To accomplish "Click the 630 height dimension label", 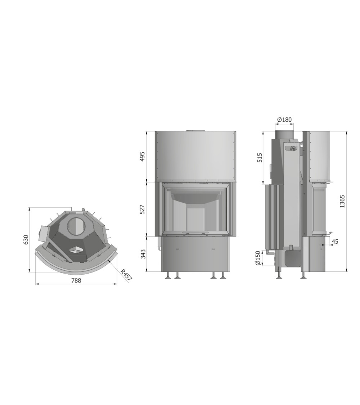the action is tap(26, 240).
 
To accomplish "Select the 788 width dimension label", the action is tap(76, 280).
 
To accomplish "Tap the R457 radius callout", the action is tap(126, 275).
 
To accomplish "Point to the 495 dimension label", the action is tap(142, 157).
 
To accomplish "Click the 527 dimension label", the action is tap(142, 210).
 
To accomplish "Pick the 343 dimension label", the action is tap(143, 254).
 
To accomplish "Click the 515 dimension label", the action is tap(260, 158).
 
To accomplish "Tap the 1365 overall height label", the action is tap(342, 202).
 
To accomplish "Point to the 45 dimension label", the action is tap(335, 242).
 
